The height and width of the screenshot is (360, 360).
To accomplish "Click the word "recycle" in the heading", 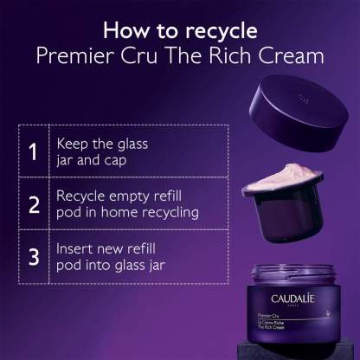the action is coord(221,31).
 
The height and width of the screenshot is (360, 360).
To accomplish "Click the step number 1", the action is coord(33,151).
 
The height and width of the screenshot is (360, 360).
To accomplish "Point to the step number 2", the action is coord(34,204).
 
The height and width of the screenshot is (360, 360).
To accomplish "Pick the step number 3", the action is coord(34,256).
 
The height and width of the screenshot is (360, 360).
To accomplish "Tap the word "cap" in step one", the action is coord(115,161).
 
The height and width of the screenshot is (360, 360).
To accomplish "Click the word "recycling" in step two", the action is coord(170,214).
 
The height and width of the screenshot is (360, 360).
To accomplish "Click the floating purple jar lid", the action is coord(299,112).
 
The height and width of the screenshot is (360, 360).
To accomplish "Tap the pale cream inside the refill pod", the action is coord(283,176).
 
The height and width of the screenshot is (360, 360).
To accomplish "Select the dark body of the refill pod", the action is coord(288,214).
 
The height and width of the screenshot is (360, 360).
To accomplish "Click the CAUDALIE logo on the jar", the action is coord(292,299).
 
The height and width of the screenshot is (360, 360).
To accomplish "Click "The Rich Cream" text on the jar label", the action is coord(271,327).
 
